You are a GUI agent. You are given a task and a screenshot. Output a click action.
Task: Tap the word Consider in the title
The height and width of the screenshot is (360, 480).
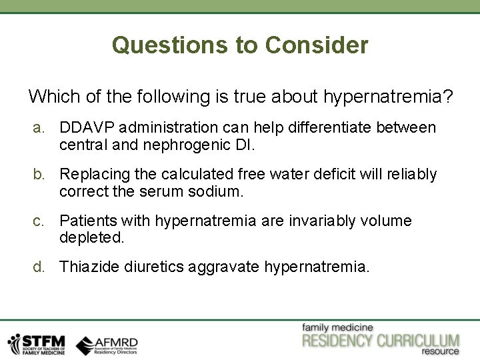pyautogui.click(x=317, y=45)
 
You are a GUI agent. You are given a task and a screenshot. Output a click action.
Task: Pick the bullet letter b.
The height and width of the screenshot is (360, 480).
pyautogui.click(x=40, y=174)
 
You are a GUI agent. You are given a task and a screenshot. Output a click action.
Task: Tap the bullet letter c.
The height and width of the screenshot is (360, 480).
pyautogui.click(x=40, y=221)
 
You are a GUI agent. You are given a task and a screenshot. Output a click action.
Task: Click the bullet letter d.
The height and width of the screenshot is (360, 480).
pyautogui.click(x=40, y=267)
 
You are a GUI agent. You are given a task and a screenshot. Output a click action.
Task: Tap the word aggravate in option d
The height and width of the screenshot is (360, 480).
pyautogui.click(x=225, y=267)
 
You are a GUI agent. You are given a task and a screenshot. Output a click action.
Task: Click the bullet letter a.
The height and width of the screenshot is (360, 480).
pyautogui.click(x=40, y=127)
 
